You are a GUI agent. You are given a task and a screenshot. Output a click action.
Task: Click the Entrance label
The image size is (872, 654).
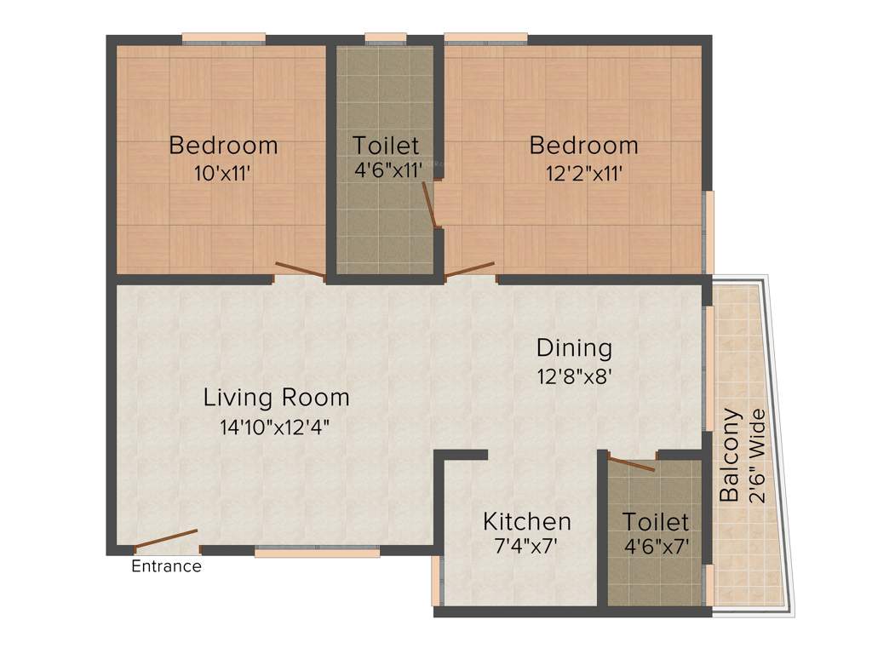pos(166,566)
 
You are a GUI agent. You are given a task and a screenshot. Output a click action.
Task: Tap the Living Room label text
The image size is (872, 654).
pos(276,398)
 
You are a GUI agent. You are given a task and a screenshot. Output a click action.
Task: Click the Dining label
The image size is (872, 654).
pos(574,347)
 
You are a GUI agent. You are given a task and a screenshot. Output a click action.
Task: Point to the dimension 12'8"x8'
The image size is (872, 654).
pos(574,376)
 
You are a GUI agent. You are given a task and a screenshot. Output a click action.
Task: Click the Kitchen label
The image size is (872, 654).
pos(526,521)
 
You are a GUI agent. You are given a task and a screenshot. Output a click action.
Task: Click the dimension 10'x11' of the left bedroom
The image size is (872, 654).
pos(223,174)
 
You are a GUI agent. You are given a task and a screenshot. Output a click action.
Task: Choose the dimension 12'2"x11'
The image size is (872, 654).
pos(583,174)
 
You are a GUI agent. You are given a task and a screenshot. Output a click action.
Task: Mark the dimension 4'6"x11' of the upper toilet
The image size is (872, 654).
pos(387,169)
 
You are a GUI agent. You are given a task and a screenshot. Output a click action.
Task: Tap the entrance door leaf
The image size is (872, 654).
pos(166,541)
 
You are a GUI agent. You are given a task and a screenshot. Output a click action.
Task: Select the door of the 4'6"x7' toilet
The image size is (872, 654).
pos(631,463)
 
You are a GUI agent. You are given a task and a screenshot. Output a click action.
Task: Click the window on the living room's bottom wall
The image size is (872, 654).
pos(317,552)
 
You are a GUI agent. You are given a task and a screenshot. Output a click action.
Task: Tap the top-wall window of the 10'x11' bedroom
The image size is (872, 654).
pos(223,38)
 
